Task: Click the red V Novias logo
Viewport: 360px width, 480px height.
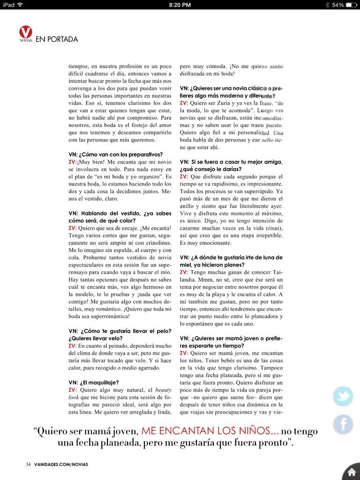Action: click(x=26, y=34)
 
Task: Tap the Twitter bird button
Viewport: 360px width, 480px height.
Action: click(x=343, y=397)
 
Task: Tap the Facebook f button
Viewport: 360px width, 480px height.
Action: click(x=343, y=424)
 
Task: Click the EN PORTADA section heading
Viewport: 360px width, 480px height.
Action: click(x=57, y=39)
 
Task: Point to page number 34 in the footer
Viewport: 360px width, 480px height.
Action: click(x=28, y=465)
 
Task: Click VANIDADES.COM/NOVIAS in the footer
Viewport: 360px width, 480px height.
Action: click(x=60, y=465)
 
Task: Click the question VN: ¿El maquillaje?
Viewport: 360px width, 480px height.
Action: click(x=93, y=382)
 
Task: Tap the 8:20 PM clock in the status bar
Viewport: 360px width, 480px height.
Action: click(x=180, y=5)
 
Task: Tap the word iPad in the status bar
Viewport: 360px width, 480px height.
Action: click(x=8, y=5)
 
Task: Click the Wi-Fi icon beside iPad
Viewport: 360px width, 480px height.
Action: click(x=20, y=5)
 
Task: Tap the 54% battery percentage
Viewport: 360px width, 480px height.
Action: click(x=338, y=5)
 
